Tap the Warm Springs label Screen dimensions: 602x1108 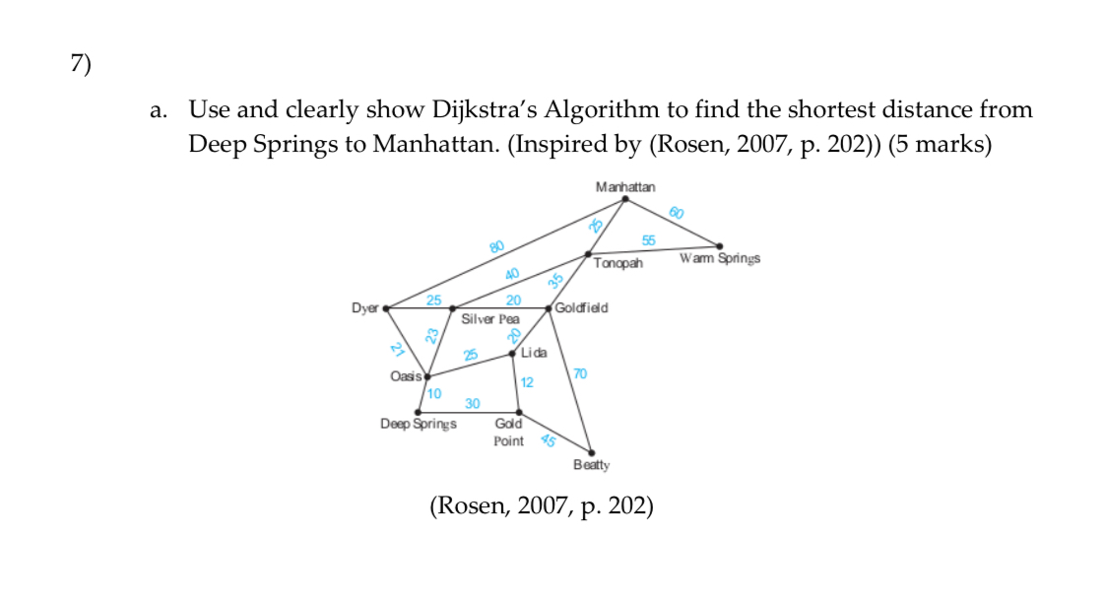719,259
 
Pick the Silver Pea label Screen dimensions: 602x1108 489,319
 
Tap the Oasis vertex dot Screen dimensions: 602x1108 426,376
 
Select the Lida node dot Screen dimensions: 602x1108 512,355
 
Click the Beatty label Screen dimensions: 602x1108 591,464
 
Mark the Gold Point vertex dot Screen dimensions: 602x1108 519,412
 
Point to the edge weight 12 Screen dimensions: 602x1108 528,382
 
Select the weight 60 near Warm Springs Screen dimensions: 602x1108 677,212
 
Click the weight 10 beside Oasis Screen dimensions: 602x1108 434,393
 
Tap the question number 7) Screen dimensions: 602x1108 80,64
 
